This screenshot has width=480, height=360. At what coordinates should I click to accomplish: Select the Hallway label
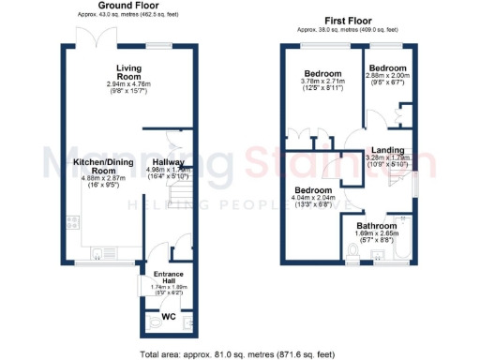(x=168, y=161)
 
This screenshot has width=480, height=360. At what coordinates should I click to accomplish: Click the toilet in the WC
(x=154, y=322)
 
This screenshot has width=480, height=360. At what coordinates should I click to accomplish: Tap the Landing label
(x=387, y=150)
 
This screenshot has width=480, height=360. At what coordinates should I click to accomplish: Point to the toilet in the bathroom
(x=351, y=250)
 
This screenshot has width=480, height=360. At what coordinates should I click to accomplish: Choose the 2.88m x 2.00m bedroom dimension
(x=387, y=78)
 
